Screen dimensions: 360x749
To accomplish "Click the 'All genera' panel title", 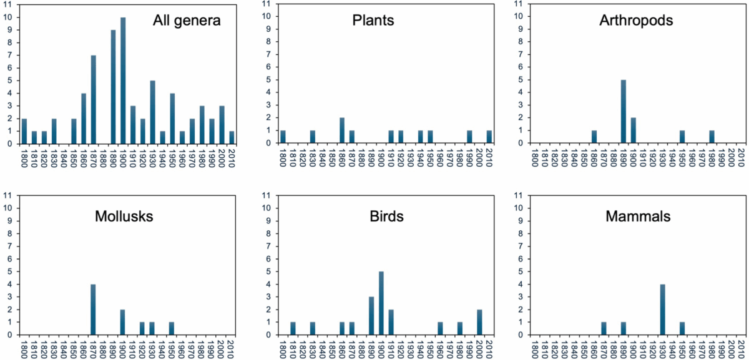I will click(x=186, y=21).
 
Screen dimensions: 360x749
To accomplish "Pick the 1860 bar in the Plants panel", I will click(x=341, y=130).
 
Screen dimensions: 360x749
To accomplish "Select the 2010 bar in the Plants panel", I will click(x=490, y=137).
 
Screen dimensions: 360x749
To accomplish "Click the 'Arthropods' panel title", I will click(x=627, y=21).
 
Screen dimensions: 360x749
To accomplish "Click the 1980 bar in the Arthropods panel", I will click(x=712, y=137).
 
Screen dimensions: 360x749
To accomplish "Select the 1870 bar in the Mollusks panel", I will click(x=93, y=309).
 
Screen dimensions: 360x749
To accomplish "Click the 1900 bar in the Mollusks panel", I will click(x=123, y=322).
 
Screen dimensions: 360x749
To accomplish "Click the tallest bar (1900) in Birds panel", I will click(x=381, y=303).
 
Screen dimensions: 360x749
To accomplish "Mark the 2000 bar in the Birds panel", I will click(x=480, y=322).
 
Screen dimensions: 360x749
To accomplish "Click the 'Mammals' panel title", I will click(x=637, y=216).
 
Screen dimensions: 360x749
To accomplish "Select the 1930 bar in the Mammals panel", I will click(x=663, y=309).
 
